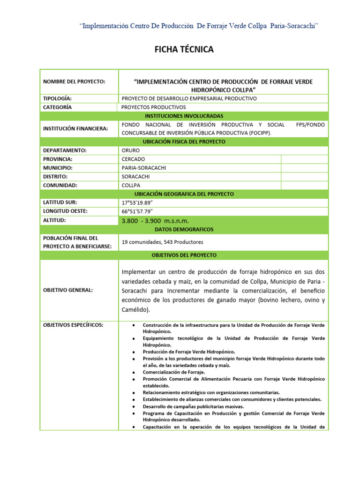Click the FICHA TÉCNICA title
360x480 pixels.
click(x=184, y=49)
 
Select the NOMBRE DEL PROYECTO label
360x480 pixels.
click(x=74, y=82)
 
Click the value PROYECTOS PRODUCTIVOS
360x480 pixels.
click(x=154, y=107)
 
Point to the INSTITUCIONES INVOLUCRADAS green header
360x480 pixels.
click(x=184, y=116)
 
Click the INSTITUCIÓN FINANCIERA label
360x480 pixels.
click(x=75, y=128)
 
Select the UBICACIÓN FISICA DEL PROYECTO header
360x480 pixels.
click(x=184, y=142)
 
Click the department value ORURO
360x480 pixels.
click(x=131, y=150)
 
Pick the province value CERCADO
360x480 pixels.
click(x=134, y=159)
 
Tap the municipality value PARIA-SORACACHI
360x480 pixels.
click(x=144, y=168)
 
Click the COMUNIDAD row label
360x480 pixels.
click(x=60, y=185)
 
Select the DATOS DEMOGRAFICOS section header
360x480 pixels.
click(x=184, y=229)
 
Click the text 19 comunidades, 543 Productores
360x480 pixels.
click(x=162, y=242)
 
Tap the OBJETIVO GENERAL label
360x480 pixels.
click(x=68, y=290)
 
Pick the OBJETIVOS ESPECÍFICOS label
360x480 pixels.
click(x=73, y=325)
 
